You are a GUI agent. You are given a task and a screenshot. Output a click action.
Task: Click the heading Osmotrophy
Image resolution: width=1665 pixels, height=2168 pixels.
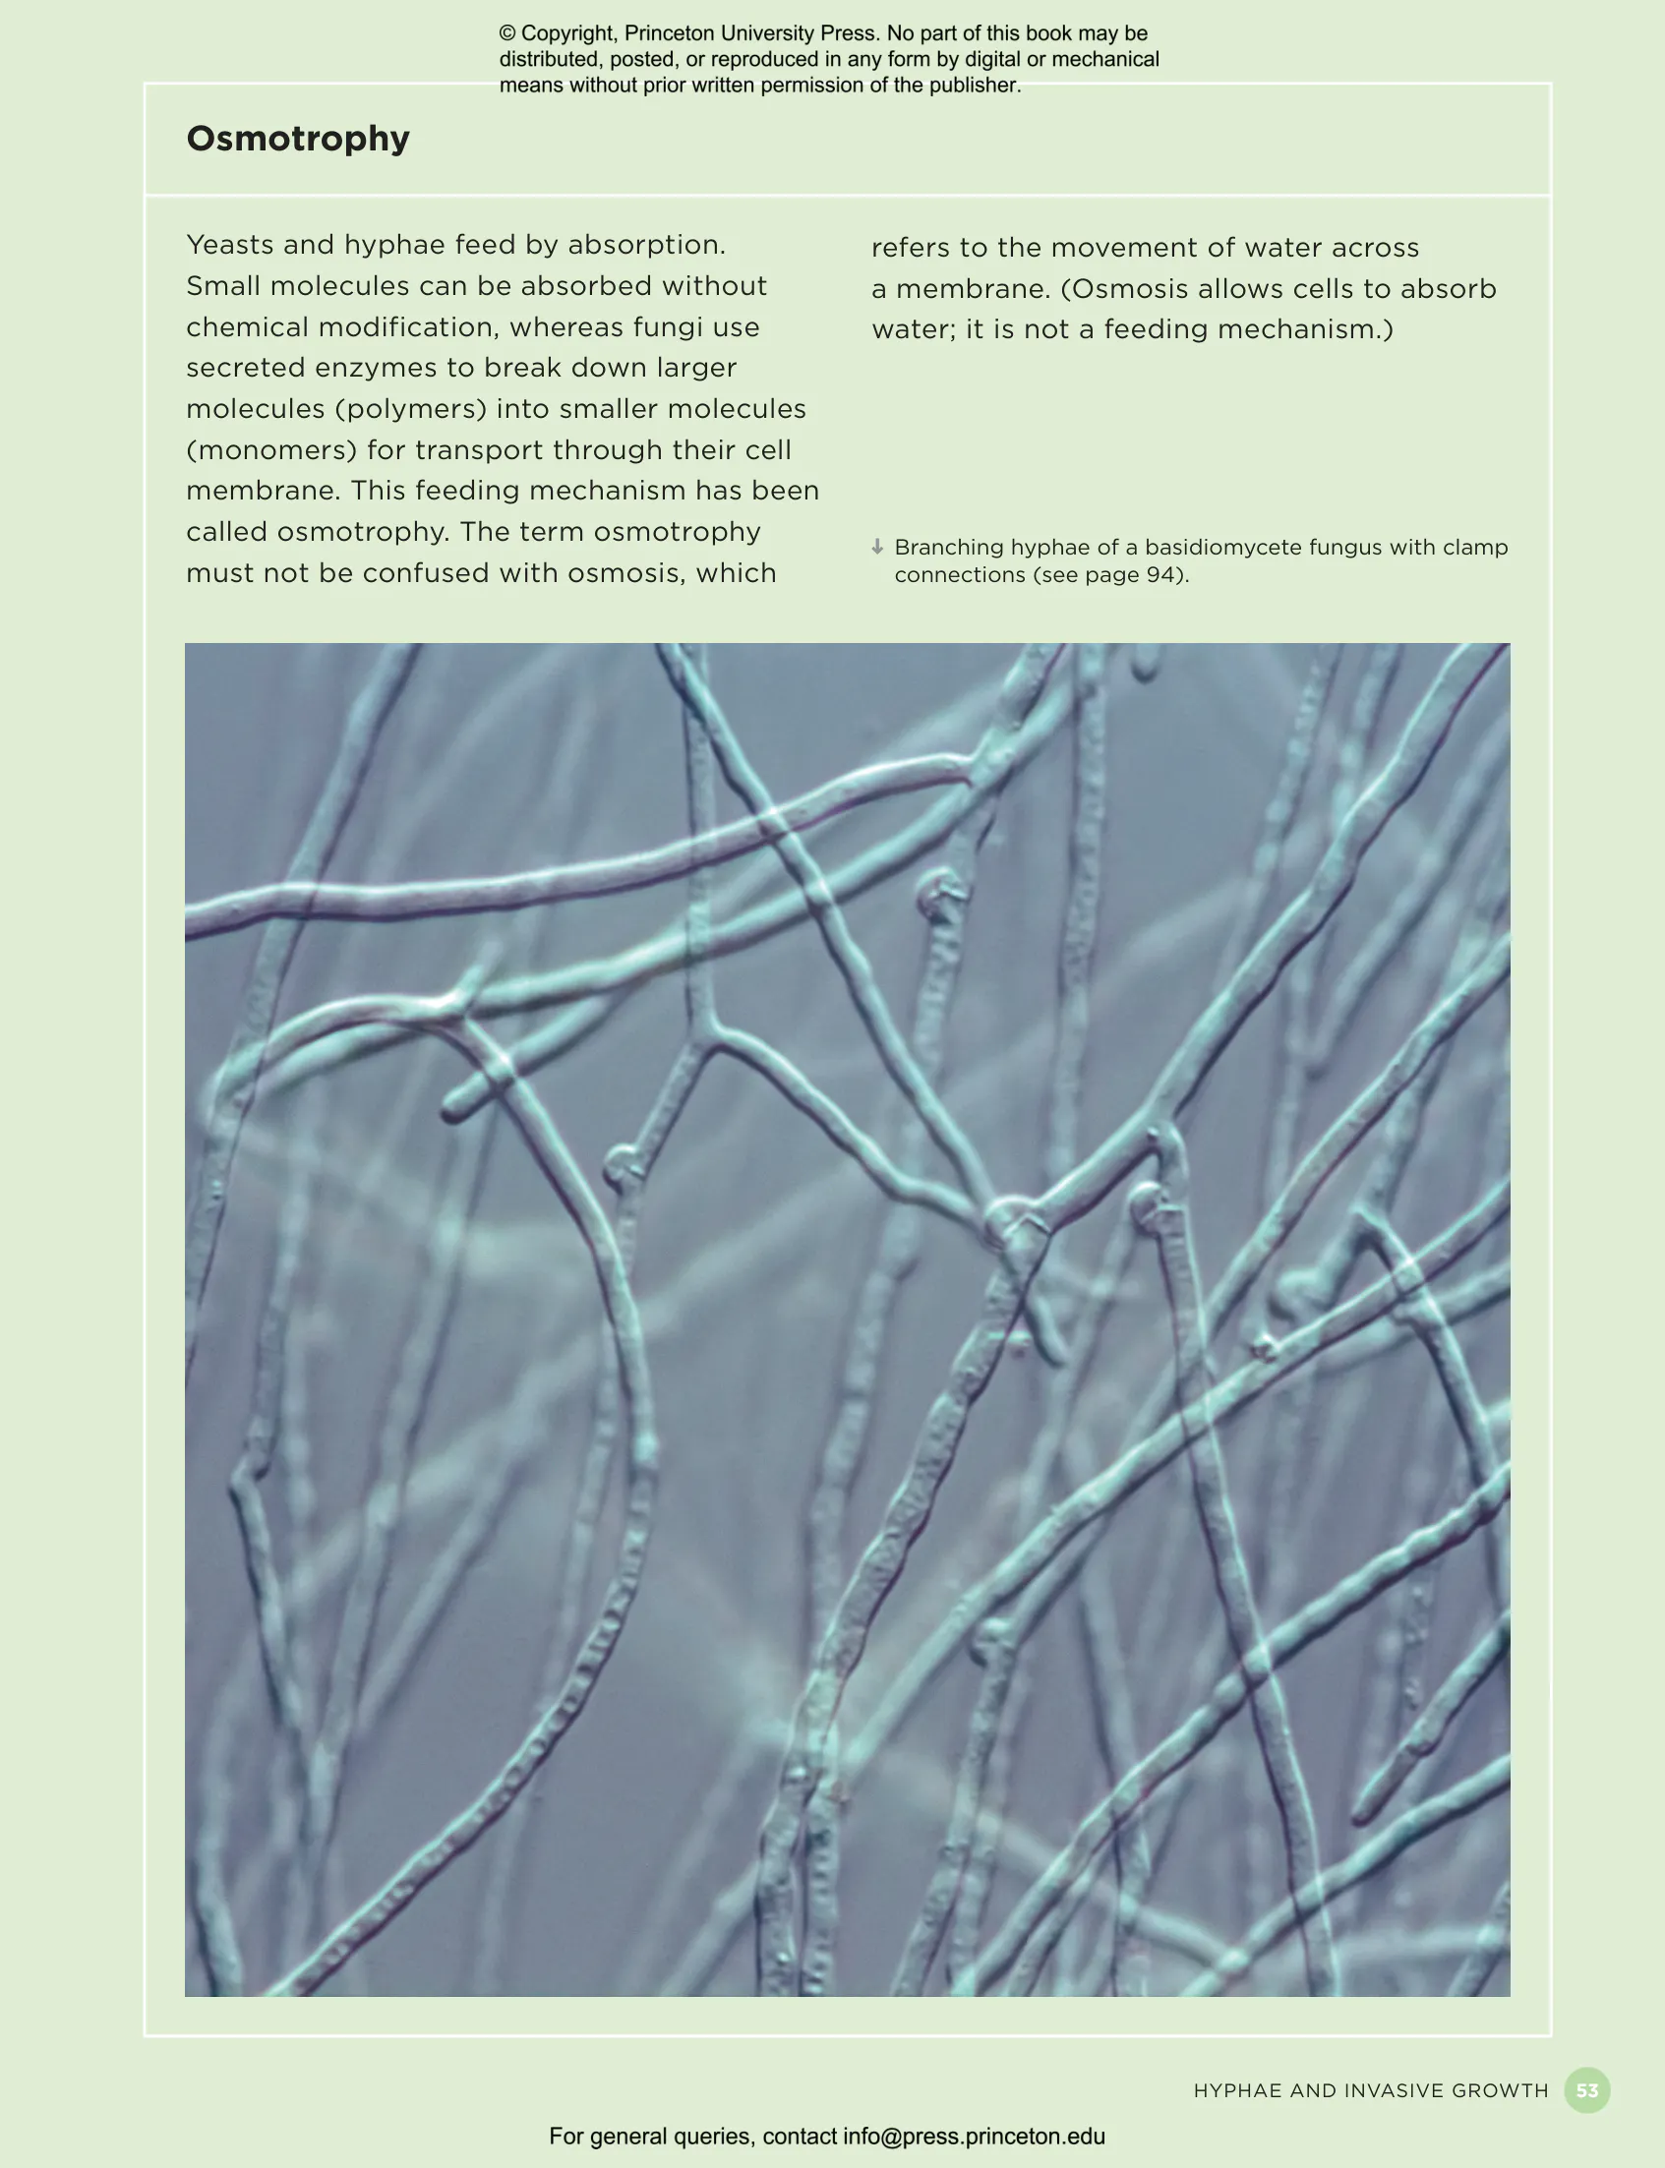pyautogui.click(x=297, y=139)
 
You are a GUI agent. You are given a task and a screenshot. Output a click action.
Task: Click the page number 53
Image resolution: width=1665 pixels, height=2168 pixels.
pyautogui.click(x=1586, y=2090)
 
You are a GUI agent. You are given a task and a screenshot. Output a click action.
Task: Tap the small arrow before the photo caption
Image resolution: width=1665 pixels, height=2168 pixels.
pyautogui.click(x=877, y=547)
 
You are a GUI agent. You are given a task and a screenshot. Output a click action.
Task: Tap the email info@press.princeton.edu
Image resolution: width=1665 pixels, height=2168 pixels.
pyautogui.click(x=974, y=2137)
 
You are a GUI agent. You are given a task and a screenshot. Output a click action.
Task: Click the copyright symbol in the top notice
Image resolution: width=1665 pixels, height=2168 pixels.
pyautogui.click(x=507, y=33)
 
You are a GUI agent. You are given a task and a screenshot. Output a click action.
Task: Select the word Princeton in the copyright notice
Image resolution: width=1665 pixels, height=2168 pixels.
pyautogui.click(x=669, y=33)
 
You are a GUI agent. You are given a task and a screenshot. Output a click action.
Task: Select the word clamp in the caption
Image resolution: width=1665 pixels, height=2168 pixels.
pyautogui.click(x=1476, y=548)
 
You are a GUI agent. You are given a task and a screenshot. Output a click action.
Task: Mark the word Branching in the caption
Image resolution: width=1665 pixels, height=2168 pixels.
pyautogui.click(x=948, y=548)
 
